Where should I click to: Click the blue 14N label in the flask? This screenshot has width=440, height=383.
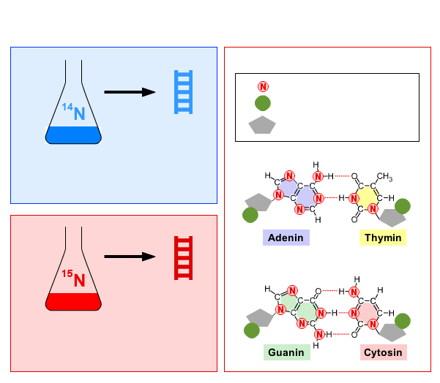(73, 112)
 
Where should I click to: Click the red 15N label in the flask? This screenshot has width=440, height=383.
(73, 278)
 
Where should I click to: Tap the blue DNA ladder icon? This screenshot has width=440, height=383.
(183, 92)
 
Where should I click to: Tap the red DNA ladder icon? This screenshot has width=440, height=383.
(183, 258)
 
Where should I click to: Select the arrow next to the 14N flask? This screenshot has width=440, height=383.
(130, 92)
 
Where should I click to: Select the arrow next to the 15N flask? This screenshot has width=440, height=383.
(130, 257)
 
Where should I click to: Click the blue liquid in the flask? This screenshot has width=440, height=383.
(73, 135)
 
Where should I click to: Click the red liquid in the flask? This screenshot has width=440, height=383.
(73, 302)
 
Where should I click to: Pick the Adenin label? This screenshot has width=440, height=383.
(286, 238)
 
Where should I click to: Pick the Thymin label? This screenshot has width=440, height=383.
(383, 238)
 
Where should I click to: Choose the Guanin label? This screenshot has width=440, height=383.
(286, 352)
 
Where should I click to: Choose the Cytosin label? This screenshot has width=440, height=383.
(384, 352)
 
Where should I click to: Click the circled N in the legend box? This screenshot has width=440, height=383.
(263, 86)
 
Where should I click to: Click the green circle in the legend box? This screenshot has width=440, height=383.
(263, 103)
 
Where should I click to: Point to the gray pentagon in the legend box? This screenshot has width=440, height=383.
(262, 125)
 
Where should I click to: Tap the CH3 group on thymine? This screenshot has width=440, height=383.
(384, 177)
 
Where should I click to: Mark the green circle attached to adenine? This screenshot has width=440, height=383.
(250, 215)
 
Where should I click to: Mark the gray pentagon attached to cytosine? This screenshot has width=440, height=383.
(392, 333)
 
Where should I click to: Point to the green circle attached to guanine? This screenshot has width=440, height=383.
(252, 330)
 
